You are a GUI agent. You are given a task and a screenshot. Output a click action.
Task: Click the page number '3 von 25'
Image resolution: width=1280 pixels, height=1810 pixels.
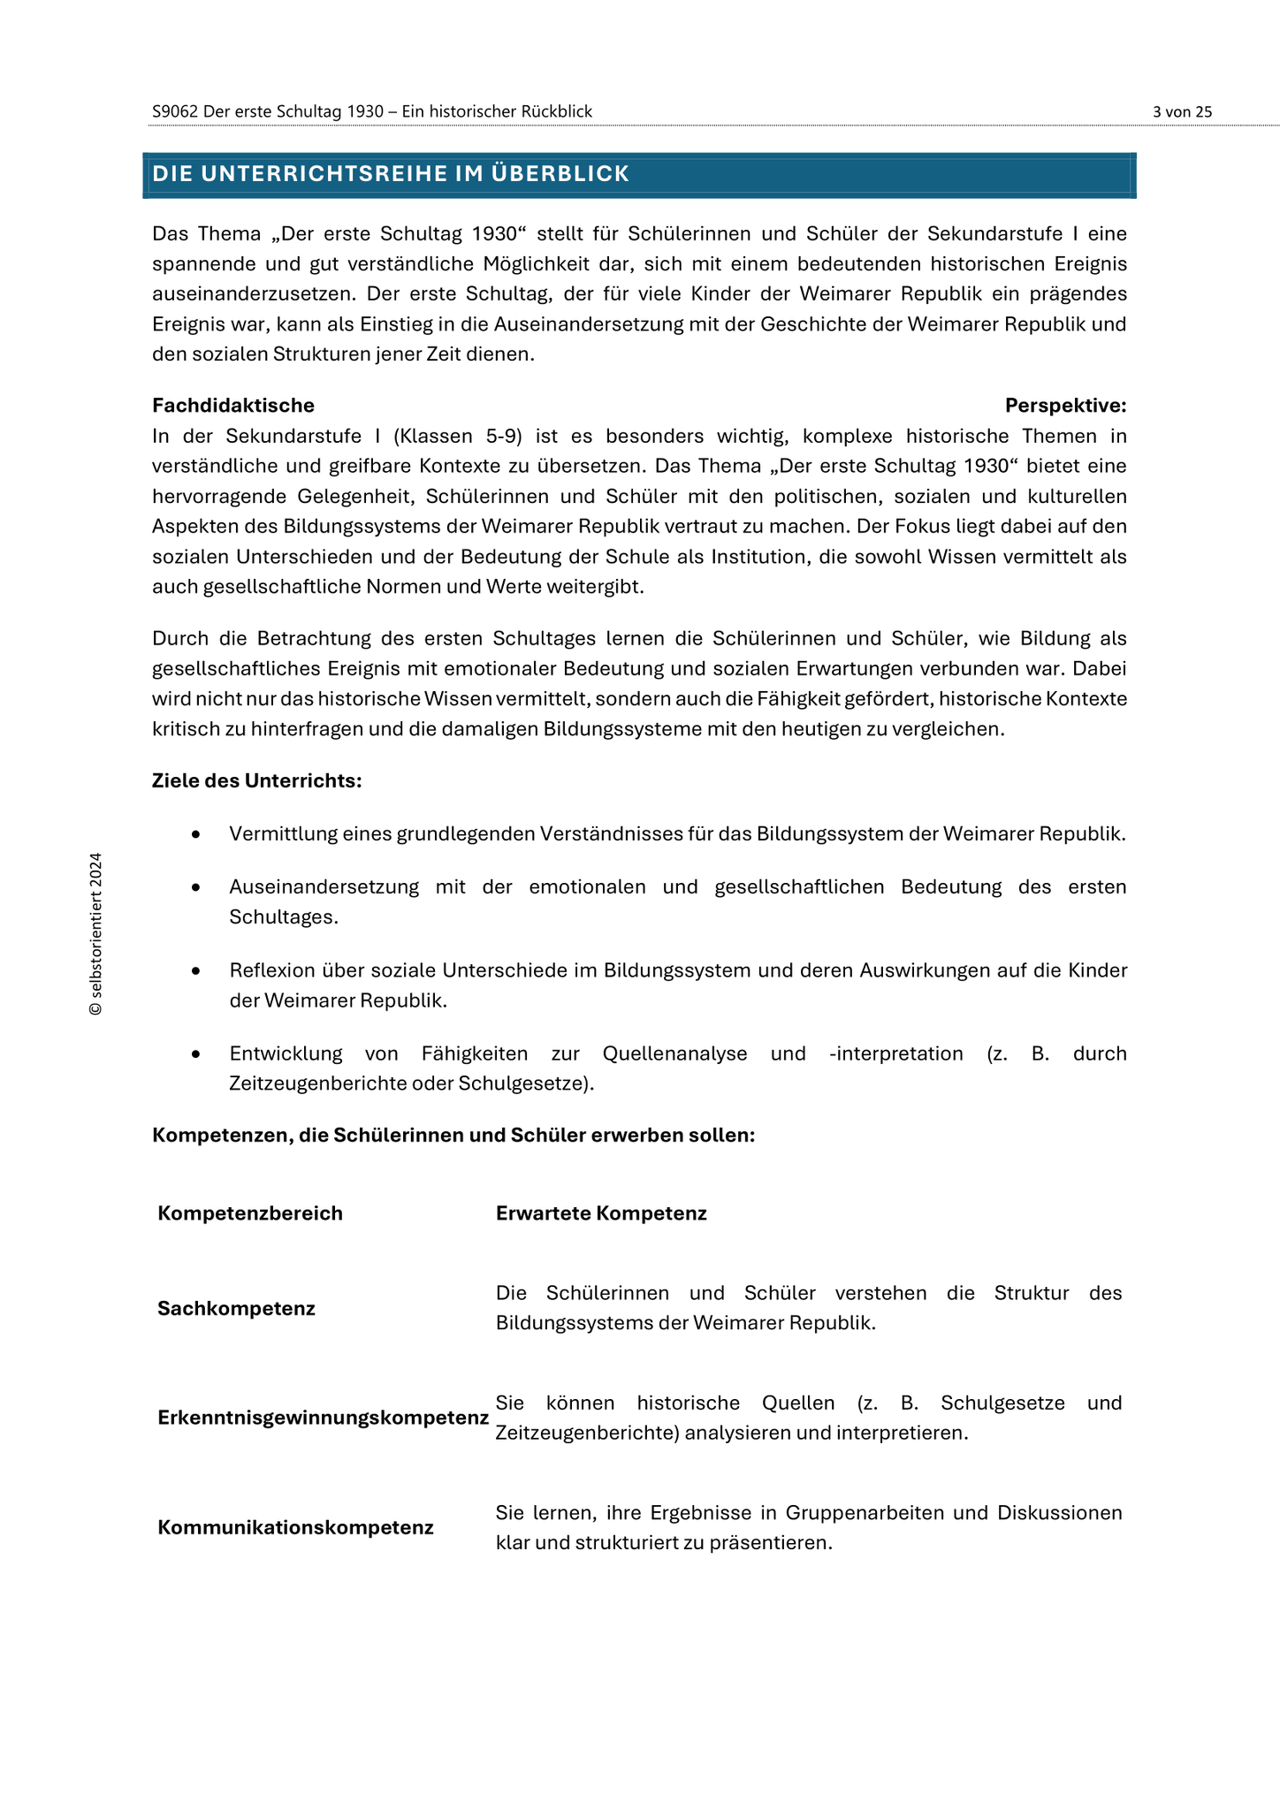click(x=1182, y=111)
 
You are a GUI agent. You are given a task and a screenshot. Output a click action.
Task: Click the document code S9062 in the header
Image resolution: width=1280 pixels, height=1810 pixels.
click(x=175, y=111)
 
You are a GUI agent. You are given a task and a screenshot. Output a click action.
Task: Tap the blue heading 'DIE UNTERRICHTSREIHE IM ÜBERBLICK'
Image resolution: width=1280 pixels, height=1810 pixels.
click(x=391, y=174)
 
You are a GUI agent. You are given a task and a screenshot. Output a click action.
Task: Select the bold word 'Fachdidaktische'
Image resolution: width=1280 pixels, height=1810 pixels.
click(x=233, y=406)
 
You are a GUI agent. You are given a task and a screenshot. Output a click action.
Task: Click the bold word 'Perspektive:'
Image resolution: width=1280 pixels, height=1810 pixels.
click(x=1065, y=406)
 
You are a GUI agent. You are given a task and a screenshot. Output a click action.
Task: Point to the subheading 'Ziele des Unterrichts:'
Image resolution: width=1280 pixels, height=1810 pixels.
click(x=256, y=781)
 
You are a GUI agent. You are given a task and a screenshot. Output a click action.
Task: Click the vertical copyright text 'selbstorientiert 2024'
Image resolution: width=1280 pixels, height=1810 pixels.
click(x=95, y=933)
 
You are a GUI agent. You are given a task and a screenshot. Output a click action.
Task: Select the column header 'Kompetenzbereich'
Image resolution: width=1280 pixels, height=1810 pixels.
click(x=250, y=1213)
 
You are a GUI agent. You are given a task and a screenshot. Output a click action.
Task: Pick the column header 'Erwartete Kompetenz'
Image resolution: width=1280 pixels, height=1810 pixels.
click(x=601, y=1213)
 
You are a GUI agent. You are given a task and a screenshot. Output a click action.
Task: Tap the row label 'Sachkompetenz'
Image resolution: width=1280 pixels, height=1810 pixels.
click(x=236, y=1309)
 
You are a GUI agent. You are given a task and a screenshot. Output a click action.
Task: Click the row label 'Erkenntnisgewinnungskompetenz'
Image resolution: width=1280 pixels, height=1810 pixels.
click(x=323, y=1418)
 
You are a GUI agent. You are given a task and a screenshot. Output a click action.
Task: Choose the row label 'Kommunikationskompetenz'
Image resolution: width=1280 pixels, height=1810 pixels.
click(x=295, y=1528)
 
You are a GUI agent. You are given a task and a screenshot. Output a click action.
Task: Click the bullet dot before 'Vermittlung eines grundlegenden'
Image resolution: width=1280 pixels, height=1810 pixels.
click(x=195, y=834)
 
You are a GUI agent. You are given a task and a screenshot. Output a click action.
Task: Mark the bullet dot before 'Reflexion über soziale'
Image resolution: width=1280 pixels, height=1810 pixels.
click(x=195, y=971)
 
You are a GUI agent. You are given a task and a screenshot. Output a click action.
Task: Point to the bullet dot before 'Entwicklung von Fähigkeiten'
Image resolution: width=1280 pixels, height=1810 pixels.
click(x=195, y=1054)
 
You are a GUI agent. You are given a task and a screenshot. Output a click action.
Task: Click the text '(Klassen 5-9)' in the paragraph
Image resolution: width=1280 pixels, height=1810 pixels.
click(x=458, y=436)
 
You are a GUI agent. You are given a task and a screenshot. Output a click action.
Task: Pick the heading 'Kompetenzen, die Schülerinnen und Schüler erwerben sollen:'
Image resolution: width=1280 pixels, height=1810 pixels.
click(x=453, y=1136)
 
